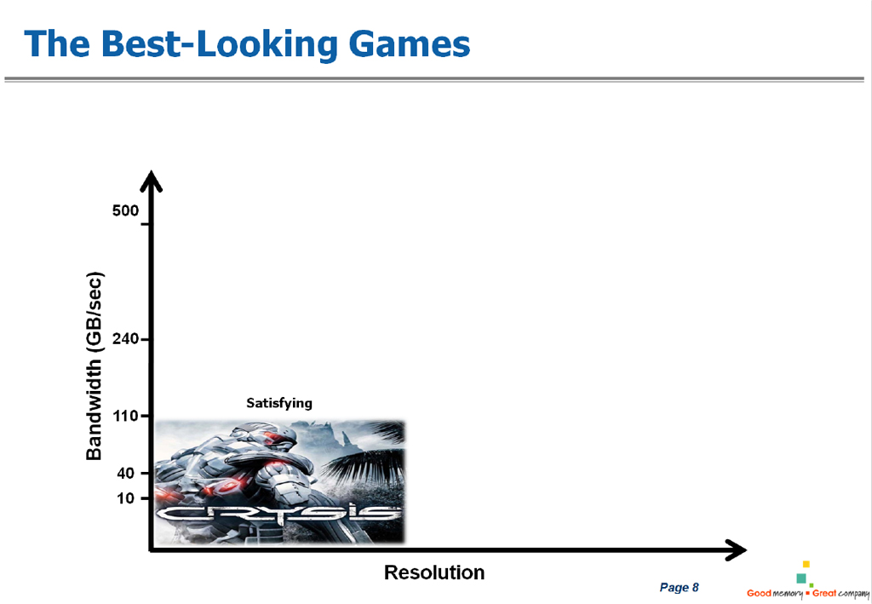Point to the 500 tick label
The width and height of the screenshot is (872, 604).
(125, 210)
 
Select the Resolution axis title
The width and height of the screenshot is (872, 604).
(434, 572)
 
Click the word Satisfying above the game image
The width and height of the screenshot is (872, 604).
(279, 403)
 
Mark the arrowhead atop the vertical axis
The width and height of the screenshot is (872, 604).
(151, 181)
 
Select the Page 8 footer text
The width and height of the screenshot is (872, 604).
(679, 587)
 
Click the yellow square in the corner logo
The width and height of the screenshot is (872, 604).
(806, 564)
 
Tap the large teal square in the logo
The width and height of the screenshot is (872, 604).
(801, 578)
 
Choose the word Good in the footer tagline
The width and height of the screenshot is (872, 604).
(759, 594)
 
